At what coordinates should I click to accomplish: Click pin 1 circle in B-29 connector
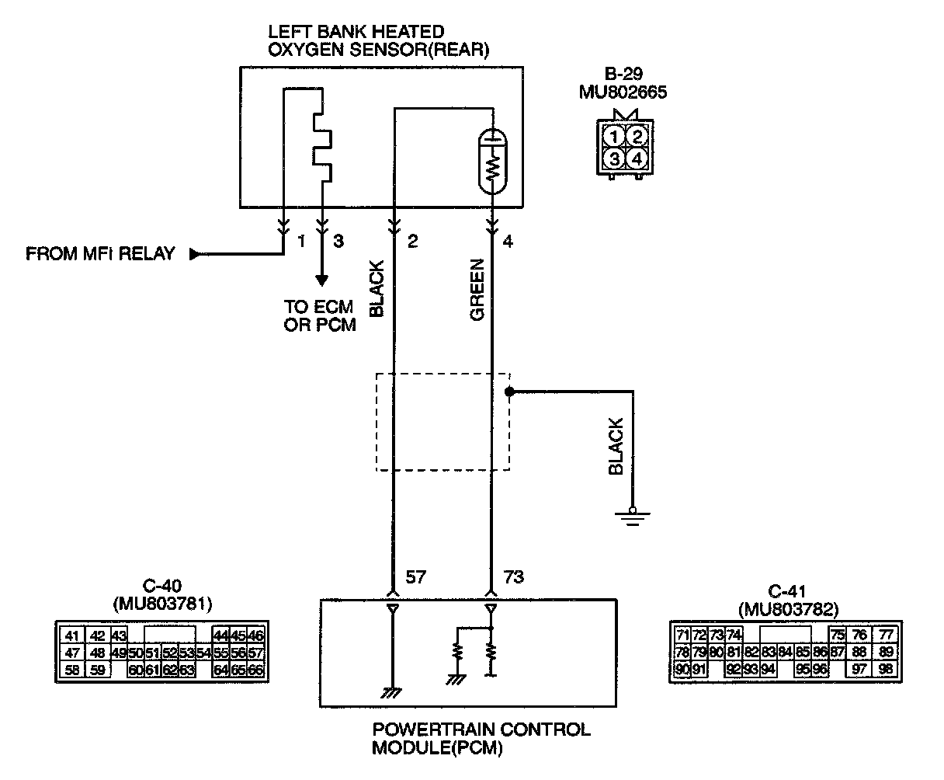tap(614, 138)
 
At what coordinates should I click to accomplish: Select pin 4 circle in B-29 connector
tap(637, 159)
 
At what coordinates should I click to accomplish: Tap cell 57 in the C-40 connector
tap(256, 652)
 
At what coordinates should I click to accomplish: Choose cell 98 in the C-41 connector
tap(886, 668)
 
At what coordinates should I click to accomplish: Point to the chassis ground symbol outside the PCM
tap(633, 516)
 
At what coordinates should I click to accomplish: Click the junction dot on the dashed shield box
tap(509, 392)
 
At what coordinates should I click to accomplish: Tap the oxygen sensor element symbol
tap(493, 160)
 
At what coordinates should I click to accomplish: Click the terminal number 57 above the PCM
tap(415, 576)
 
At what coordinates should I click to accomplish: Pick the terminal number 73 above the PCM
tap(513, 576)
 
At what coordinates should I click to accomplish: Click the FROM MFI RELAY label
tap(100, 254)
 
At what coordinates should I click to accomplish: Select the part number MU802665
tap(623, 92)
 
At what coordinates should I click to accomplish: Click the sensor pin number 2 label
tap(413, 242)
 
